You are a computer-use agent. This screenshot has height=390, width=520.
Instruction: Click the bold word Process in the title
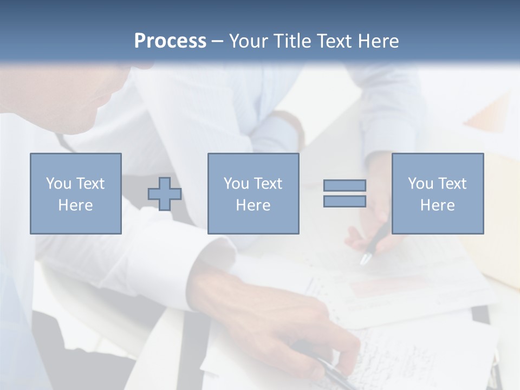[x=170, y=41]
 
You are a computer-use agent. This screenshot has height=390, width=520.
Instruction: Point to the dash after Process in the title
[x=218, y=41]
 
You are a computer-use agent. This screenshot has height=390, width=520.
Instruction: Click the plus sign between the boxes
[x=165, y=194]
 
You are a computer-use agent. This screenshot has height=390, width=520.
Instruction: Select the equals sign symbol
[x=344, y=193]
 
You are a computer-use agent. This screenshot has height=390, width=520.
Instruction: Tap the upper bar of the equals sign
[x=344, y=185]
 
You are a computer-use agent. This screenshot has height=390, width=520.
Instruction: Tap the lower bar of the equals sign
[x=344, y=201]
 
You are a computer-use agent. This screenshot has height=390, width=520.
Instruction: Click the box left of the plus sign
[x=75, y=193]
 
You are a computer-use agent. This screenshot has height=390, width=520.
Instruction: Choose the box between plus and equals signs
[x=253, y=193]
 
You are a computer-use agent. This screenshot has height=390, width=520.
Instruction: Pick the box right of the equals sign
[x=438, y=193]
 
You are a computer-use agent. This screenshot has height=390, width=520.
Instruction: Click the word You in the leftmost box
[x=58, y=184]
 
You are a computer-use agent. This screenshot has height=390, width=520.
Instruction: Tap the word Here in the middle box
[x=253, y=205]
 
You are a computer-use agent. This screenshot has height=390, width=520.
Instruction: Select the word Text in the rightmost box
[x=452, y=184]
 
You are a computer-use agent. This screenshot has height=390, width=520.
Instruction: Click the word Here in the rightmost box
[x=438, y=205]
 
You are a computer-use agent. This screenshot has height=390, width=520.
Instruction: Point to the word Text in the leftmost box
[x=90, y=184]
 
